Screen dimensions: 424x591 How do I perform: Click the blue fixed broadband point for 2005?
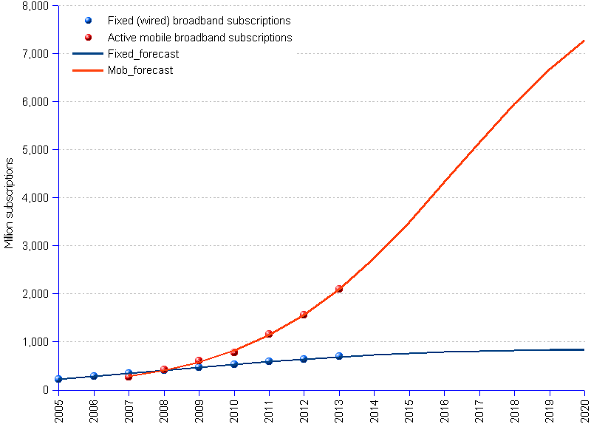[x=58, y=379]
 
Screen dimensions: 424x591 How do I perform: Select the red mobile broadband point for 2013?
[x=339, y=289]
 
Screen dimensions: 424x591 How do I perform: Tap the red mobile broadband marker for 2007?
[x=129, y=377]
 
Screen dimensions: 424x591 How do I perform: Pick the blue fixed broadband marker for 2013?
[x=339, y=356]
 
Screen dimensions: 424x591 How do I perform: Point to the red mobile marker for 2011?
[x=269, y=334]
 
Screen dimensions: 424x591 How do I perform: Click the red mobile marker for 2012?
[x=304, y=315]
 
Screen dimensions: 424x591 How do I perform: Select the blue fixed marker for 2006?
[x=94, y=376]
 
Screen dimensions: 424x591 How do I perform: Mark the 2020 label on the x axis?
[x=584, y=408]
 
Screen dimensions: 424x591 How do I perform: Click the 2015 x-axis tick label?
[x=409, y=408]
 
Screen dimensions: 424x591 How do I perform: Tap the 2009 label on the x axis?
[x=199, y=408]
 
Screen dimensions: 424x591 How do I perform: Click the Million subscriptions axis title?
[x=10, y=202]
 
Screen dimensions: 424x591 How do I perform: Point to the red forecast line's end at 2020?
[x=584, y=41]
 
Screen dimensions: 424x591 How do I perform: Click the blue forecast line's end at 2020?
[x=584, y=349]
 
